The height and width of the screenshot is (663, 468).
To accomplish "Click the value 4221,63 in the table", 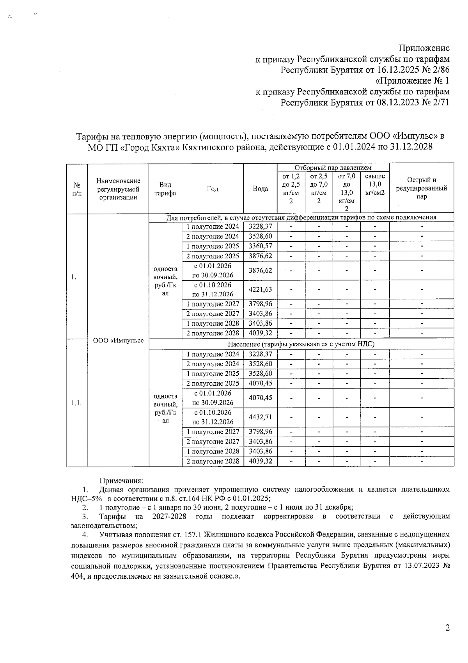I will coord(260,290).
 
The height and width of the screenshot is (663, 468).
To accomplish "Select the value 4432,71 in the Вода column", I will coord(260,417).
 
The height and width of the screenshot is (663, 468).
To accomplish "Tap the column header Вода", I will coord(260,189).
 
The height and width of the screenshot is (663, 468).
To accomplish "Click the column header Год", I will coord(213,189).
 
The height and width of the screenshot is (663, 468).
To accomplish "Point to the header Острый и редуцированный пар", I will coord(421,188).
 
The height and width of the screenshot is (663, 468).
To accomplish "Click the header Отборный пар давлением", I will coord(333,168).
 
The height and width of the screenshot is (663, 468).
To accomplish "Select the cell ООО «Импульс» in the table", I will coord(118,340).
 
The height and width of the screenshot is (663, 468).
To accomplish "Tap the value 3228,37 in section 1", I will coord(260,227).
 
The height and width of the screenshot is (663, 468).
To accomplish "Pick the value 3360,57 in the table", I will coord(260,246).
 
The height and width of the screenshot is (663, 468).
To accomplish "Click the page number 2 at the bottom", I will coord(447,628).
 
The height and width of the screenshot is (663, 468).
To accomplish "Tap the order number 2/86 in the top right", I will coord(439,70).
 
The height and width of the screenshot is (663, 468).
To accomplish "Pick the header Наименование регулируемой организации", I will coord(118,189).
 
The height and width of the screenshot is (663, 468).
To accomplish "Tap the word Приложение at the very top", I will coord(424,48).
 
